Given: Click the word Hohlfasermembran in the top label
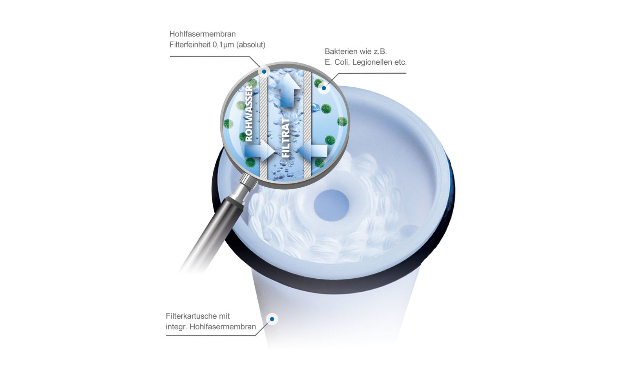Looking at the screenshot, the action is [203, 34].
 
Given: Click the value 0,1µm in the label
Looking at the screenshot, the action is [223, 45].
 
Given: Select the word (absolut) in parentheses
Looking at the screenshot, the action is [251, 45].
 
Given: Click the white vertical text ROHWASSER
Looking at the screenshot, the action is [249, 113].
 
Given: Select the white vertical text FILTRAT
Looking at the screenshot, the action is [285, 137].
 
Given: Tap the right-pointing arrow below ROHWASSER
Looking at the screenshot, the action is [259, 151].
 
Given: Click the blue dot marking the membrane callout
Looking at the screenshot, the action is [264, 72].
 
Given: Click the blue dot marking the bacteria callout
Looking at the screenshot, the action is [324, 88].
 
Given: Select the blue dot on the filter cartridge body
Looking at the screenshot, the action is [272, 319].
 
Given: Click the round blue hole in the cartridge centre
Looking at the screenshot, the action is [331, 205].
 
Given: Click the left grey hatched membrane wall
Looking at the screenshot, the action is [263, 126].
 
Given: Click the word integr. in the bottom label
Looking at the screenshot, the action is [177, 327].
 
